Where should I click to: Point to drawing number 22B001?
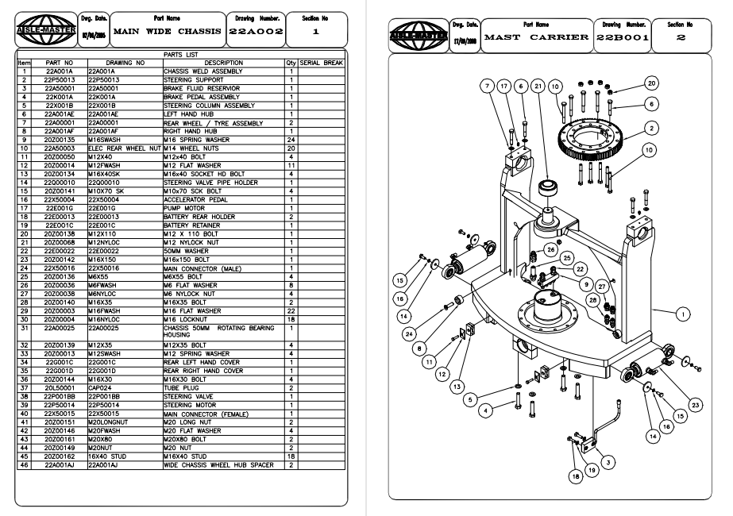(x=623, y=37)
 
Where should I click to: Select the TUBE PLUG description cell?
(x=179, y=387)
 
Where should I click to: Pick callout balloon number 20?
(x=651, y=83)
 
